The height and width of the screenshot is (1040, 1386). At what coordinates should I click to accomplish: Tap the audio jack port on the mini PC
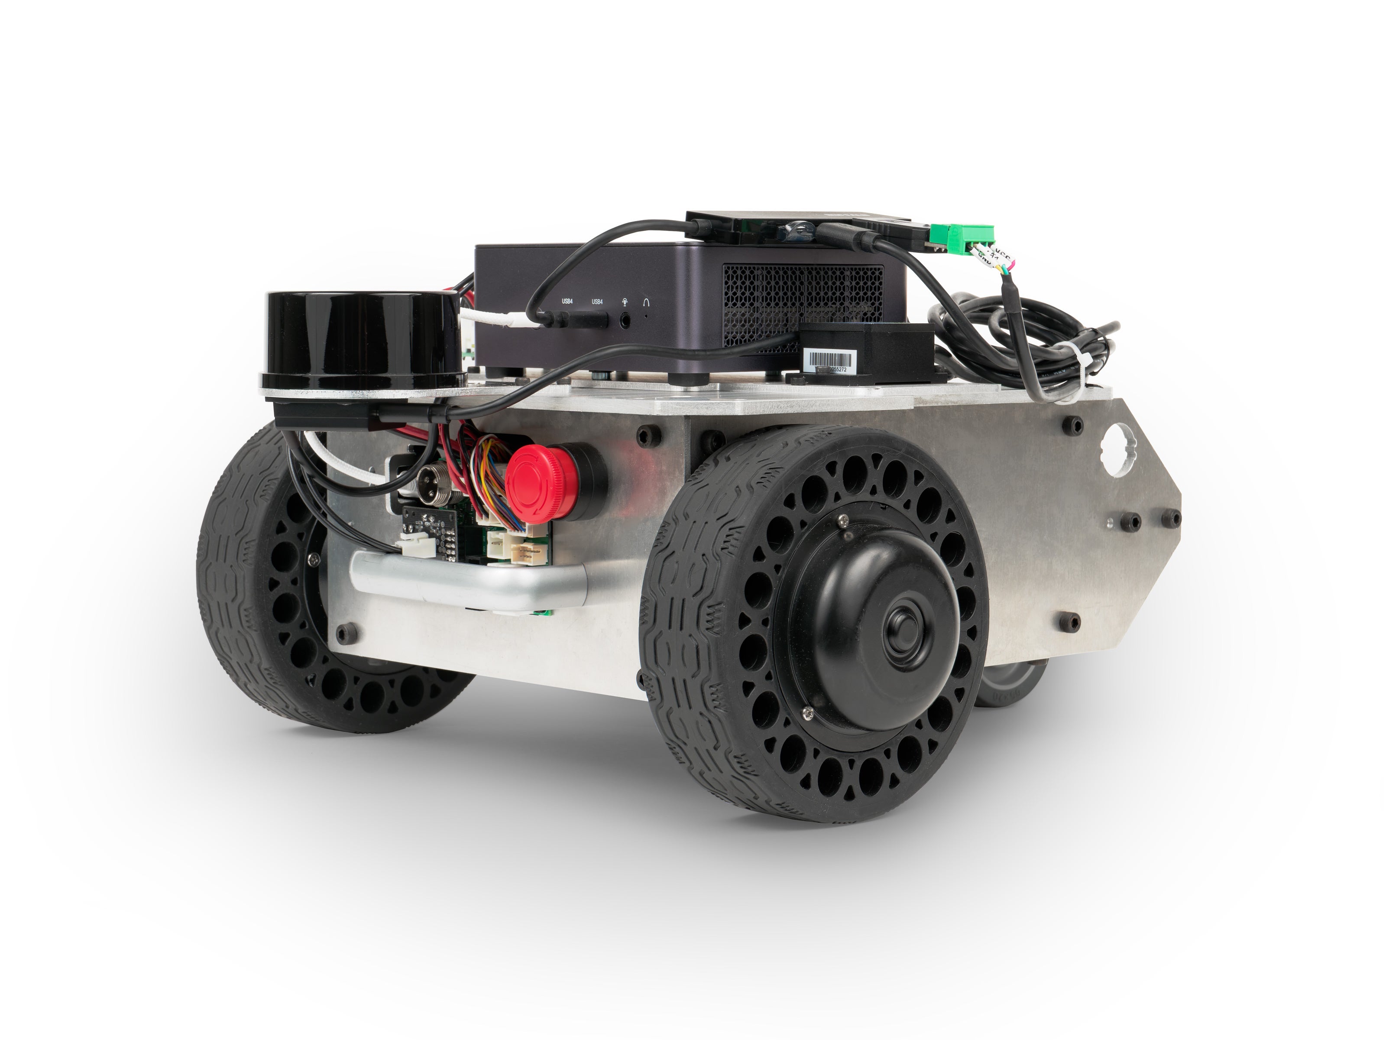tap(625, 320)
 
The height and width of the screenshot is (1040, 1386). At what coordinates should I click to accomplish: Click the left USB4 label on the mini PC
tap(567, 302)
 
